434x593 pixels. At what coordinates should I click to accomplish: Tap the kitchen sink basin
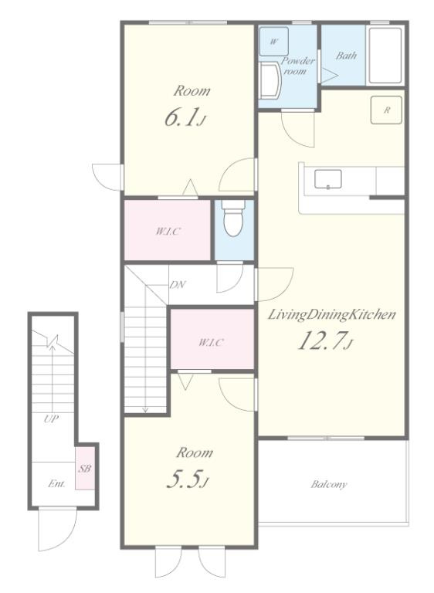328,179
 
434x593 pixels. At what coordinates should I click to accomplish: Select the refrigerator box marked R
386,110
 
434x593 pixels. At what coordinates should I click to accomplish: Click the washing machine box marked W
274,42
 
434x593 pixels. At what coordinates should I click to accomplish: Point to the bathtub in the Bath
385,56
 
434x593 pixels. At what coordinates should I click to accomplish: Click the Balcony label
328,484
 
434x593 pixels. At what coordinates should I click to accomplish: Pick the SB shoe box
85,469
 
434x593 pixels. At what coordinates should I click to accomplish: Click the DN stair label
177,285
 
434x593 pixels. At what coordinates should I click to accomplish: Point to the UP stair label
51,419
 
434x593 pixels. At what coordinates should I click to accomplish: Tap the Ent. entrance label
56,483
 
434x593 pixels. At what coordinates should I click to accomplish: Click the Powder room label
298,66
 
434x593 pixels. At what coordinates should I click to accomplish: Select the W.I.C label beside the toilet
168,232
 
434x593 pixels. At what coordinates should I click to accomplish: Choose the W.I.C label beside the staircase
211,343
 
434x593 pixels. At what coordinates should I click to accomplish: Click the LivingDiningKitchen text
331,315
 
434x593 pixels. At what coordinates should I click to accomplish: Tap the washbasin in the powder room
270,80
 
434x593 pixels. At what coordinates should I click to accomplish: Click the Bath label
346,56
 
